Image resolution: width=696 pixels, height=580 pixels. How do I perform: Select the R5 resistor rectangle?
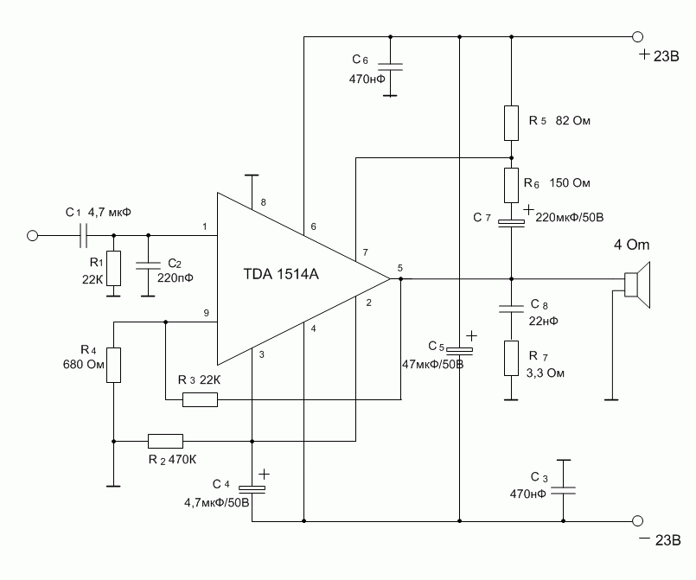[511, 122]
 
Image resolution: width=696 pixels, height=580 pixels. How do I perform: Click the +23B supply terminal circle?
[638, 37]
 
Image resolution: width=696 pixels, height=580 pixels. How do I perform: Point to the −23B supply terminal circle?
[638, 521]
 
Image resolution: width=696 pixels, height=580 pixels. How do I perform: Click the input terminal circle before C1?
[34, 235]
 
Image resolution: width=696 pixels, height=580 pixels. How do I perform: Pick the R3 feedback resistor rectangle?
[200, 399]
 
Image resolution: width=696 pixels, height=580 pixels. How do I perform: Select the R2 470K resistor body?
[165, 439]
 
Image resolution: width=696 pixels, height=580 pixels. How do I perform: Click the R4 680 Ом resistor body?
[112, 364]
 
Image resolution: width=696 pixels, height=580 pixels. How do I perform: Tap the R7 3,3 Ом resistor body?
[511, 359]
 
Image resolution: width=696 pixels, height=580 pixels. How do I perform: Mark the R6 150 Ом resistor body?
[511, 184]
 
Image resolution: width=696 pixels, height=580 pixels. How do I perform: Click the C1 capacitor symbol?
[84, 235]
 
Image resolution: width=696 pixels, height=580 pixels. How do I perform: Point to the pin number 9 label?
[206, 314]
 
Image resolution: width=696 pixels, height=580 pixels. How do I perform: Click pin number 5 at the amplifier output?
[399, 268]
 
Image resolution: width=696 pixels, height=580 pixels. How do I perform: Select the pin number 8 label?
[263, 203]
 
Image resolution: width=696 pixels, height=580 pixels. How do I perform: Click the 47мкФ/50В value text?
[433, 364]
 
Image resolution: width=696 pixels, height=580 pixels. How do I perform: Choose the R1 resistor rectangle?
[113, 269]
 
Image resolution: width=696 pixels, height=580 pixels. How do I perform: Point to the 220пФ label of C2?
[175, 277]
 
